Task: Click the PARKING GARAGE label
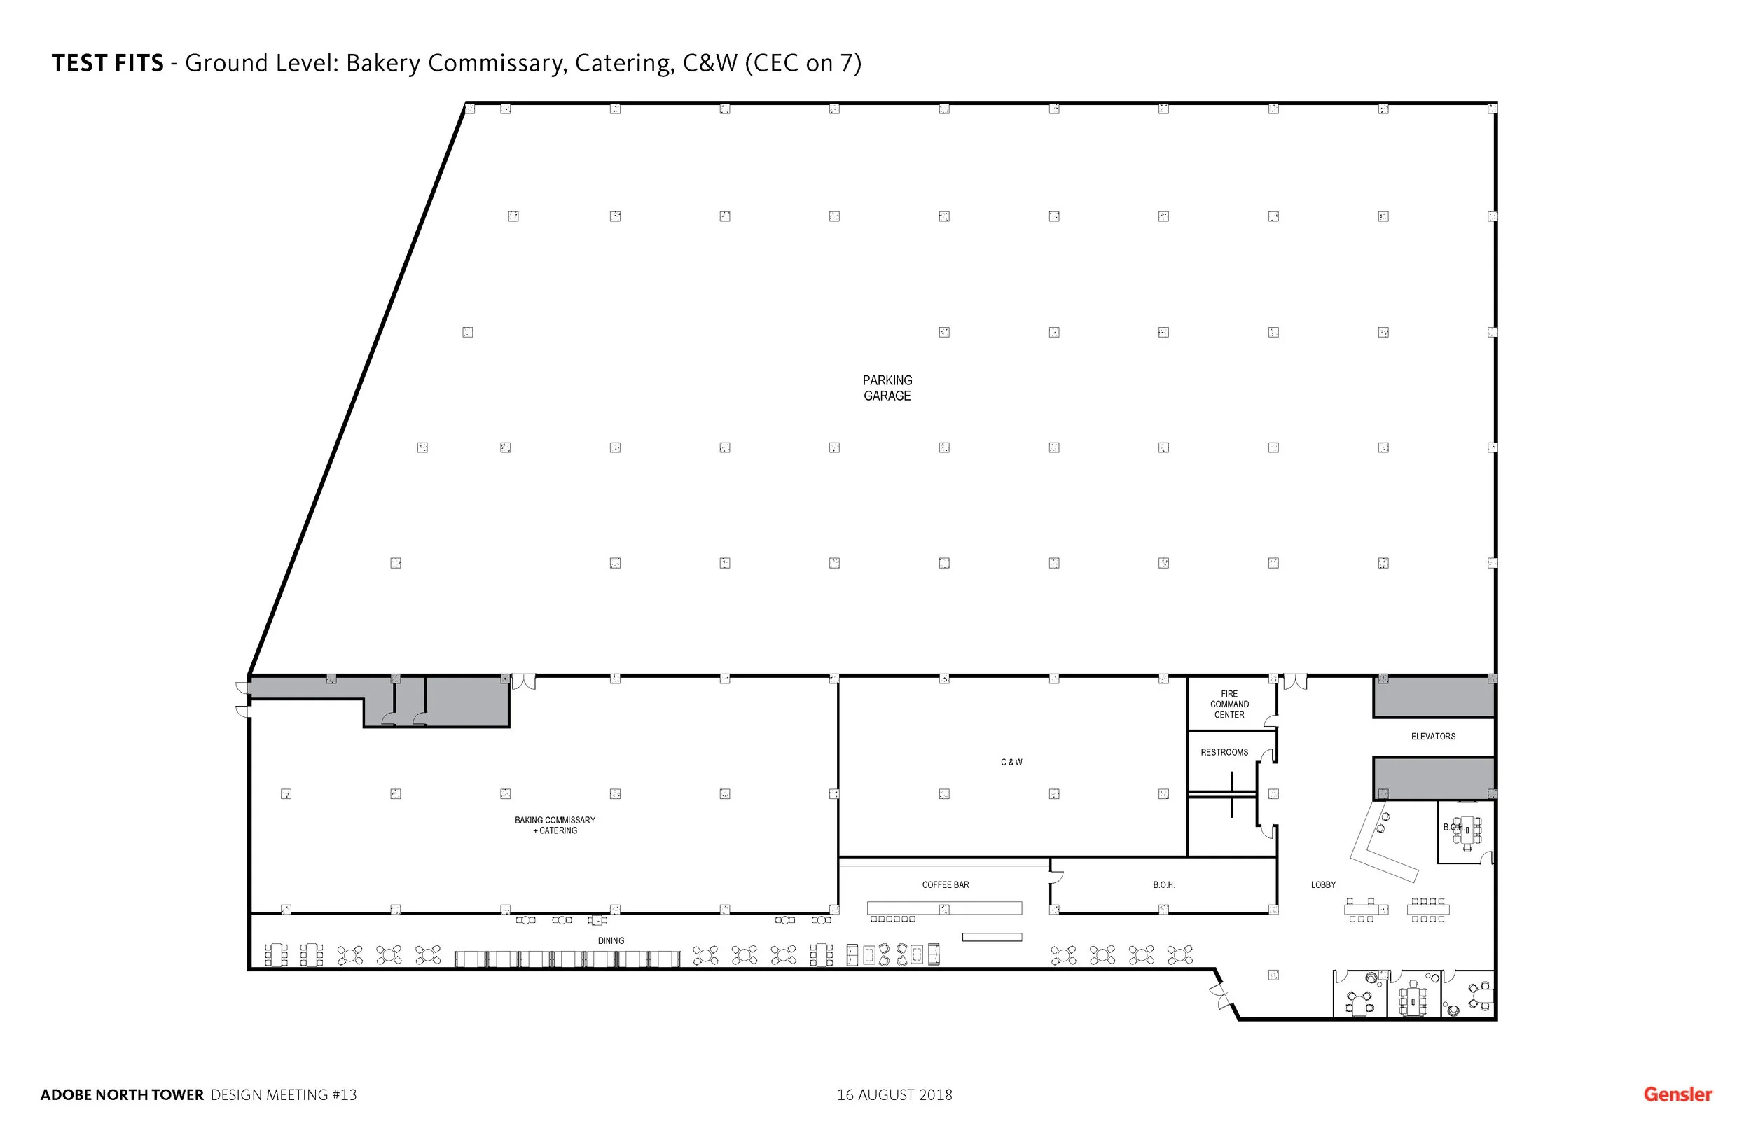point(887,388)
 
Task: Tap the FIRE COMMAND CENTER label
point(1229,704)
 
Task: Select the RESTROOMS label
point(1224,752)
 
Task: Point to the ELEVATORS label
point(1432,737)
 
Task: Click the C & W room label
point(1011,762)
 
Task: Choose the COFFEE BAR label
point(946,885)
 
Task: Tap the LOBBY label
point(1323,885)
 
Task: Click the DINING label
point(611,941)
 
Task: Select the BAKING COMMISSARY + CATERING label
point(555,826)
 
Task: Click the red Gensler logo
point(1677,1094)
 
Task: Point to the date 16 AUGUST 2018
point(894,1094)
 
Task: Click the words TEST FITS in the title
point(107,63)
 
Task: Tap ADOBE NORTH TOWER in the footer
point(121,1094)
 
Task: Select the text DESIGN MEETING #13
point(283,1094)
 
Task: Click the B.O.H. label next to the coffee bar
point(1163,885)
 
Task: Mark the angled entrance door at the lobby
point(1221,998)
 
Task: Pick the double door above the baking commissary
point(523,682)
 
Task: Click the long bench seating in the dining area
point(567,959)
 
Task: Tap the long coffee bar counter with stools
point(944,909)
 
